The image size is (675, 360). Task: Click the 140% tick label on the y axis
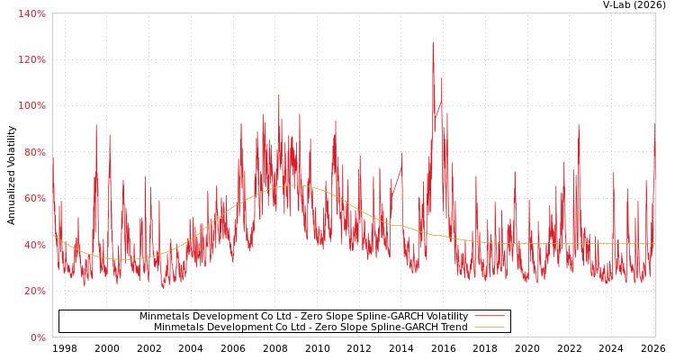[31, 13]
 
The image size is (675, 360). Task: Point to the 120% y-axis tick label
[31, 59]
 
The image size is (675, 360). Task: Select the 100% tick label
[31, 105]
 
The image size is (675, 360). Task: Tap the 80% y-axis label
[33, 152]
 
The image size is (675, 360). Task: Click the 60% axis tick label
[33, 198]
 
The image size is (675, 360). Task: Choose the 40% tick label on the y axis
[33, 245]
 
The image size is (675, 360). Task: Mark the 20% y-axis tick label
[33, 291]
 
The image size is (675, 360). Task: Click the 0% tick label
[37, 337]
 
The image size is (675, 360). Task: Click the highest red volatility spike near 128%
[433, 42]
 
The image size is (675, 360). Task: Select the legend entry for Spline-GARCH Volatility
[303, 317]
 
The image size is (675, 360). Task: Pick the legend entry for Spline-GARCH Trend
[310, 328]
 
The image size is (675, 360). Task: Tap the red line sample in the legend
[489, 317]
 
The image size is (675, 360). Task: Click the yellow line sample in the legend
[489, 328]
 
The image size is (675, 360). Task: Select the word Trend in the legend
[453, 328]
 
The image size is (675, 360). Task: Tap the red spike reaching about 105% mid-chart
[278, 95]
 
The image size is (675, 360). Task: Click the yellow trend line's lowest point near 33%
[123, 259]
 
